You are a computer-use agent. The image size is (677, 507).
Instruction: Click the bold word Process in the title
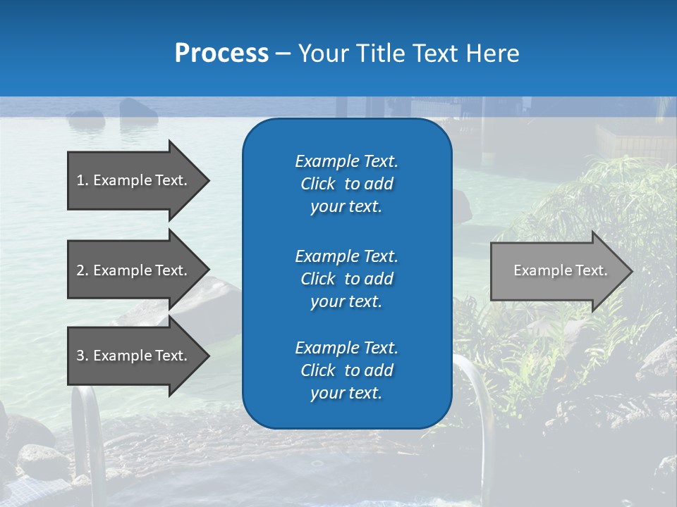click(x=221, y=54)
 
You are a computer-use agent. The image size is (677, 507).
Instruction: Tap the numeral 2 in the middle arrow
click(x=80, y=270)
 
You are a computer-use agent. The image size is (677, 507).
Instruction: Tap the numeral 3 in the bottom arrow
click(x=80, y=356)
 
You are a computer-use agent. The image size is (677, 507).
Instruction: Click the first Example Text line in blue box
click(x=346, y=161)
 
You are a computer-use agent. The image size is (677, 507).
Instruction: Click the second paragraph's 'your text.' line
click(x=346, y=301)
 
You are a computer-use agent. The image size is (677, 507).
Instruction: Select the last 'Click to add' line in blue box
click(x=346, y=370)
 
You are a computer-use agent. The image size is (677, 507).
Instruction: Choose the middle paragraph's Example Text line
click(x=346, y=256)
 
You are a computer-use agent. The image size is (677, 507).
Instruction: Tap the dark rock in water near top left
click(x=138, y=108)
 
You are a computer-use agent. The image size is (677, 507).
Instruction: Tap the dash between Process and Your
click(x=283, y=54)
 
